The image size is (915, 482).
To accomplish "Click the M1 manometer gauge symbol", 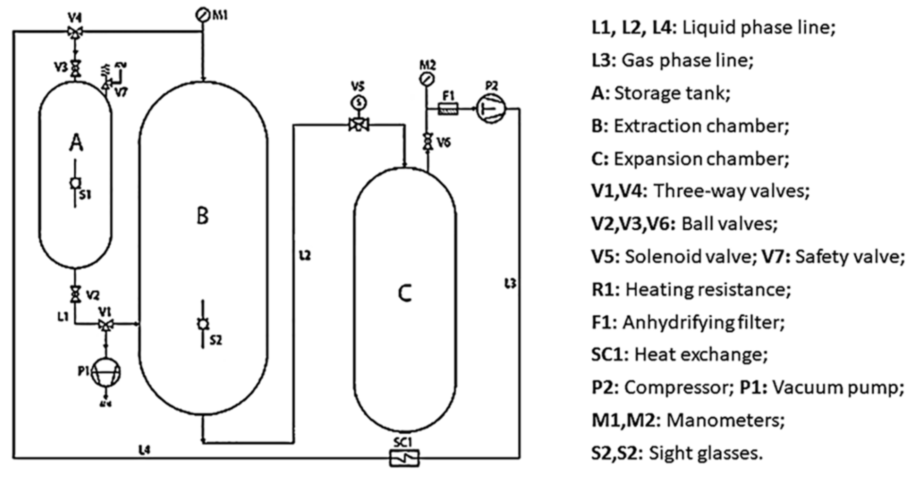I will click(x=202, y=15).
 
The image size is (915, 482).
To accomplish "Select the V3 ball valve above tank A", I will click(x=75, y=69).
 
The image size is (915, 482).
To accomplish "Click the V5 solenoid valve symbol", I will click(x=359, y=124).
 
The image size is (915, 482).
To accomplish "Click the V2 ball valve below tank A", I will click(x=75, y=294).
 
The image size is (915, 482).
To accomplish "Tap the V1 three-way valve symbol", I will click(x=105, y=324).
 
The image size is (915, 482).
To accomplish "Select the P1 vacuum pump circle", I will click(x=105, y=372).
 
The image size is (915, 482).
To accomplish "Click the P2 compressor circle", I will click(x=491, y=109).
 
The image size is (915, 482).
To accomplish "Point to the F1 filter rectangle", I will click(x=448, y=109).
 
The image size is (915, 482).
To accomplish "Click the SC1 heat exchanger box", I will click(x=404, y=458).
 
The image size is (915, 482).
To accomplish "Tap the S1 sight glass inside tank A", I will click(x=75, y=183).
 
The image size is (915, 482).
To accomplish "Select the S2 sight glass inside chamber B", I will click(x=203, y=324).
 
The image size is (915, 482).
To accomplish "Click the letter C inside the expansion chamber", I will click(x=404, y=293).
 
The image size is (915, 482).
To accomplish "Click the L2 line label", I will click(x=305, y=256).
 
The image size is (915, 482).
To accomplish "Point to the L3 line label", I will click(x=510, y=284).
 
